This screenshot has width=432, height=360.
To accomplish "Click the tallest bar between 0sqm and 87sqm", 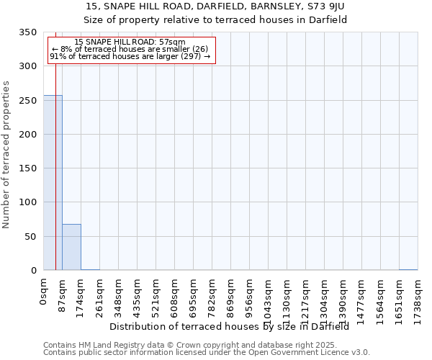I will click(53, 183).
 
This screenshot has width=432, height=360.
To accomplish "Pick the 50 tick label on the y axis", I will click(30, 236).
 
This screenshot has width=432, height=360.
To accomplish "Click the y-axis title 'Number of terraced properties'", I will click(6, 154).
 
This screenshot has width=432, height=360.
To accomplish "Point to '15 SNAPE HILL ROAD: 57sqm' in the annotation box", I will click(130, 42).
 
